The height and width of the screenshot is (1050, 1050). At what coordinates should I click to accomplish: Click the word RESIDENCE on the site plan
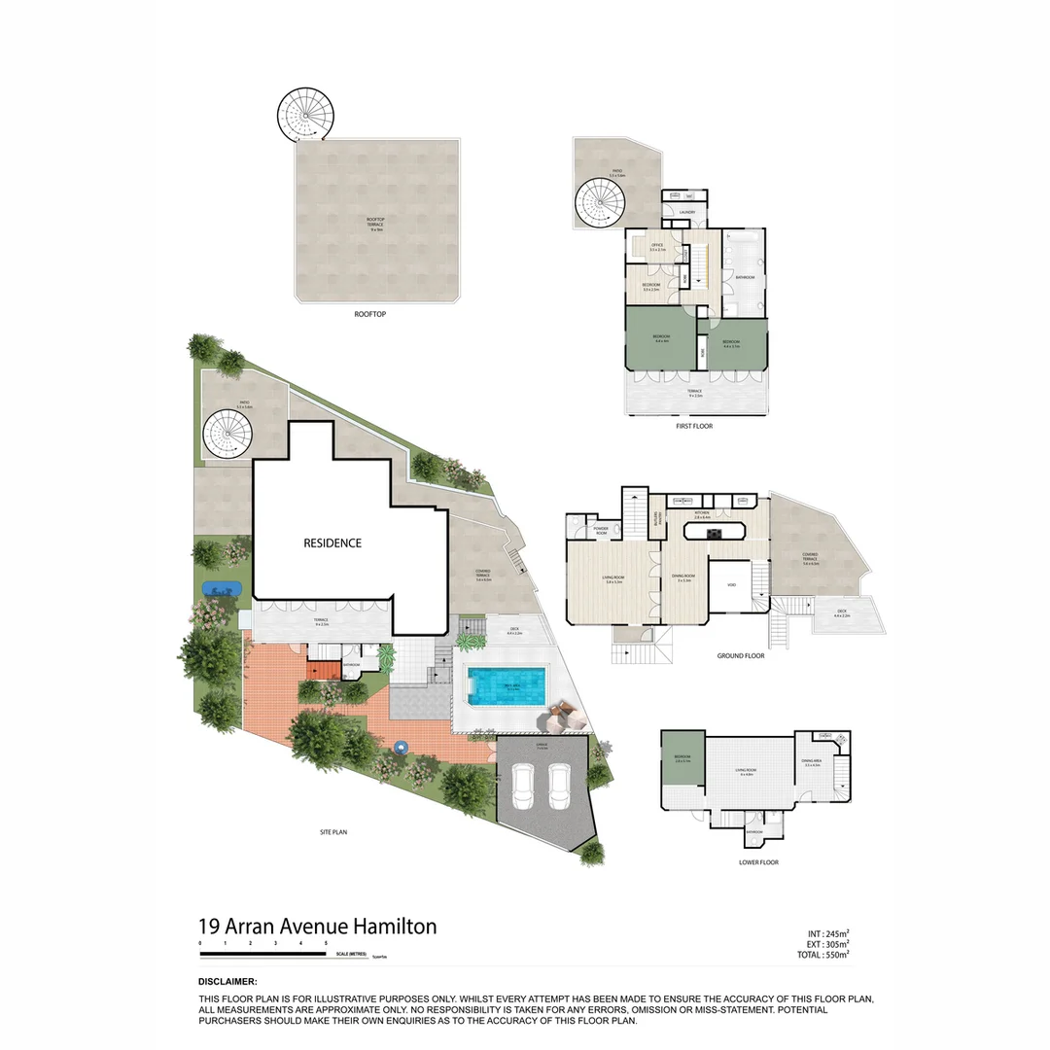[332, 543]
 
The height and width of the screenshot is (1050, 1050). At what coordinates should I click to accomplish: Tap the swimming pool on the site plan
[507, 686]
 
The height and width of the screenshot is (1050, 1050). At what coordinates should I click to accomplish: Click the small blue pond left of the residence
[222, 589]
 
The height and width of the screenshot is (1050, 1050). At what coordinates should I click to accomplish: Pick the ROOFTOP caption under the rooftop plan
[372, 315]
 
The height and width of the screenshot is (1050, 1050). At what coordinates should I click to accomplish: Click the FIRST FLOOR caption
[695, 426]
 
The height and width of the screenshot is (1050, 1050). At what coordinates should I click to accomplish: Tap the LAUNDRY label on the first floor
[686, 211]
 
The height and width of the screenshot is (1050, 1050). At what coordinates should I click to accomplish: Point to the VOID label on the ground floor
[730, 584]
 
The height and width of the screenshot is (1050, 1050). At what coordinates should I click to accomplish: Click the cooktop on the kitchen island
[714, 532]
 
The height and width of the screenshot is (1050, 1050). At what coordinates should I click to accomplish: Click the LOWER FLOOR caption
[758, 862]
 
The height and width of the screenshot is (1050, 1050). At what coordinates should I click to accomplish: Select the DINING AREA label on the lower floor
[811, 763]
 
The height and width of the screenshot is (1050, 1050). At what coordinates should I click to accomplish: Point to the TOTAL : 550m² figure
[822, 956]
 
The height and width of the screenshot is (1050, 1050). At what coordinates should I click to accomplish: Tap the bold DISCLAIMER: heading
[227, 982]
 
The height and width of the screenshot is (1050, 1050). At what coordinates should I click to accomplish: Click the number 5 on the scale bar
[326, 944]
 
